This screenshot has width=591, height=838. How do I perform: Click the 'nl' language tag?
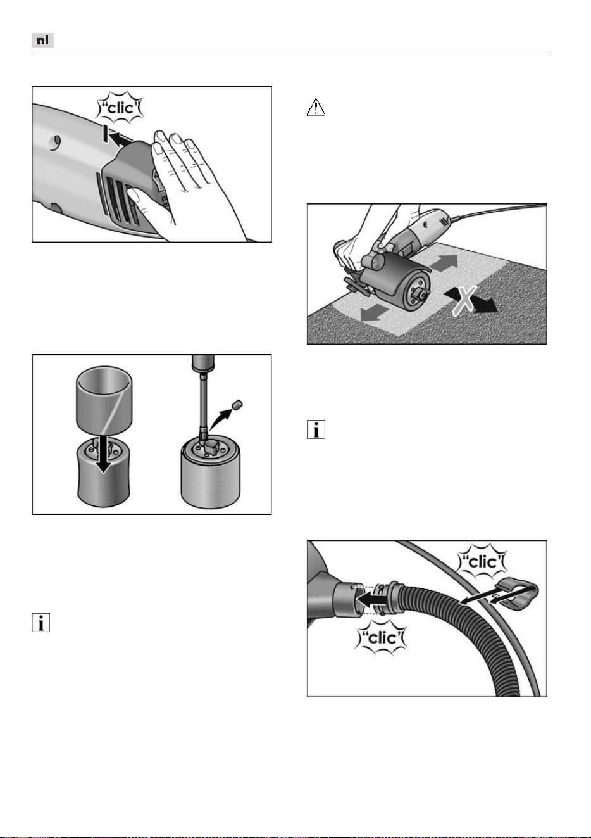pos(42,40)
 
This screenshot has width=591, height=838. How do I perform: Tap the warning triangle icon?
pos(316,107)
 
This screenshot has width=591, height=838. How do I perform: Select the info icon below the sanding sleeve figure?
pos(40,623)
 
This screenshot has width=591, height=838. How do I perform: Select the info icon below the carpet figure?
pos(316,429)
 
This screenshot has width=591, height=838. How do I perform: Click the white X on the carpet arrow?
pos(464,300)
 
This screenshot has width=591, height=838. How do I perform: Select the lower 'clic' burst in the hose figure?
pos(382,638)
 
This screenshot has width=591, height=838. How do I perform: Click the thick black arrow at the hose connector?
pos(372,600)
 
